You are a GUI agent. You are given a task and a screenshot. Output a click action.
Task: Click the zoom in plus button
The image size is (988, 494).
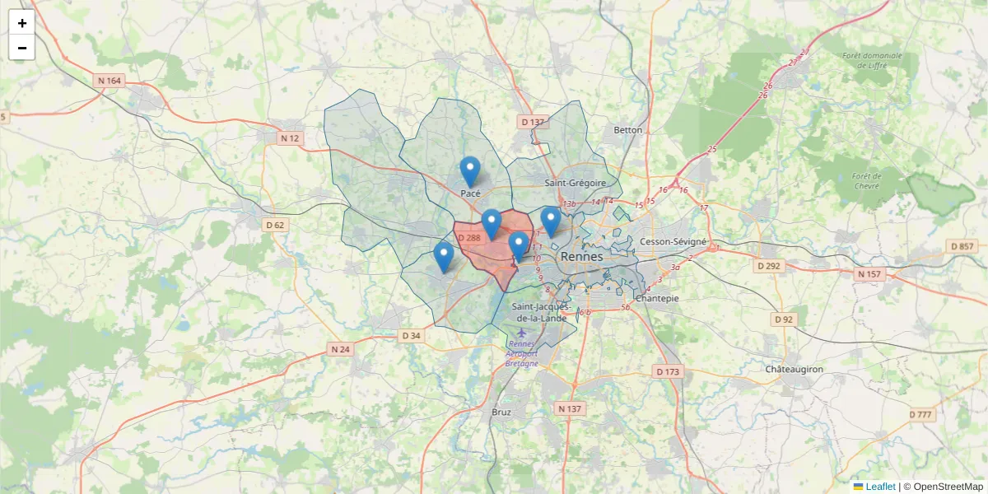tap(22, 23)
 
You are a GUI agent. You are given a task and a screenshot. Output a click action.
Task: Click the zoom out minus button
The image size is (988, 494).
tap(22, 48)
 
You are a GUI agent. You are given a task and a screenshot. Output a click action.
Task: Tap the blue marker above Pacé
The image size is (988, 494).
tap(470, 171)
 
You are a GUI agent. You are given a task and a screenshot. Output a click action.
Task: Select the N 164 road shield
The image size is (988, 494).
tap(109, 81)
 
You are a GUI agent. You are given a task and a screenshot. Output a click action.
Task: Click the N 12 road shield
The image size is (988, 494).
tap(289, 138)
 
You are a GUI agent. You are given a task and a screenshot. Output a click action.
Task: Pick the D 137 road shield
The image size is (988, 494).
tap(533, 122)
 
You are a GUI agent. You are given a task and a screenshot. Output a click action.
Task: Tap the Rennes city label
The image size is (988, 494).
tap(581, 257)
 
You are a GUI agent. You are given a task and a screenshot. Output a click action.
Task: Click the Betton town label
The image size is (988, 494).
tap(628, 130)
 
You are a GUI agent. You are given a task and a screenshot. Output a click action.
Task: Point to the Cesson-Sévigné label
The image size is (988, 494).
tap(673, 242)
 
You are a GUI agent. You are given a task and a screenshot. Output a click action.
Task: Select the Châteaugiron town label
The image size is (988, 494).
tap(794, 370)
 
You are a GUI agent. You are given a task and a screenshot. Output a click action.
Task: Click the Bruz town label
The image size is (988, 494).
tap(501, 412)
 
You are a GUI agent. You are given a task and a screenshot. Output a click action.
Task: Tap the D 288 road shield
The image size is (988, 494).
tap(468, 238)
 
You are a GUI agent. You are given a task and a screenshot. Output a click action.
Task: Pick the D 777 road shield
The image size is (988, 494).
tap(921, 414)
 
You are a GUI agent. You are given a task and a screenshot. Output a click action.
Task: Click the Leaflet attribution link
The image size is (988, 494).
tap(879, 487)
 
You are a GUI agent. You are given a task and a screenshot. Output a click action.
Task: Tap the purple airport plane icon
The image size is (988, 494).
tap(522, 333)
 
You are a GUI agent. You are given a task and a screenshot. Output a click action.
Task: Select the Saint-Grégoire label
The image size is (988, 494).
tap(576, 183)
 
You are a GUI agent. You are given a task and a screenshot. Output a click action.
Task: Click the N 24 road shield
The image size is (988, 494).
tap(340, 349)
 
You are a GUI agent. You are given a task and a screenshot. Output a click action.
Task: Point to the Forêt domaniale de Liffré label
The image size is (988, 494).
tap(872, 60)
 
